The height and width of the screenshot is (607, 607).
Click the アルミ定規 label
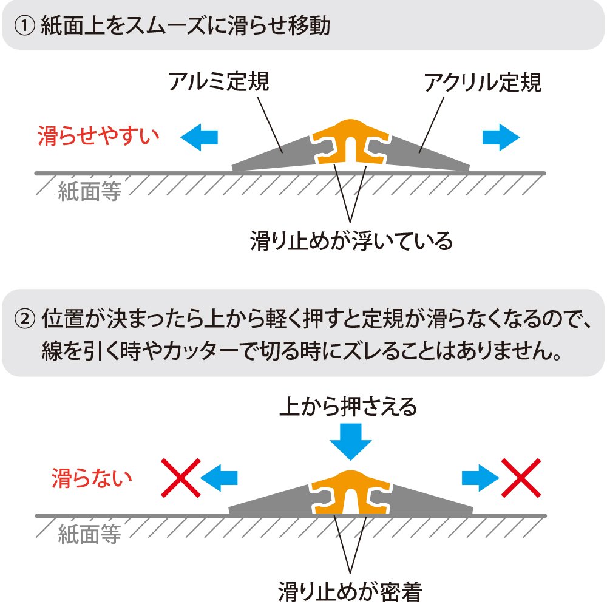coord(219,81)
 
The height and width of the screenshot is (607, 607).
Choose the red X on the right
coord(521,477)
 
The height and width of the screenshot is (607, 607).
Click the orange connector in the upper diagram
coord(351,141)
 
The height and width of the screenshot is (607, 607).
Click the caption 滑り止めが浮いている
coord(351,241)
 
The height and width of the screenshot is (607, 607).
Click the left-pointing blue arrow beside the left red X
coord(219,478)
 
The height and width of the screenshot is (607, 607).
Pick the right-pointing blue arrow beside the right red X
coord(480,478)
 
